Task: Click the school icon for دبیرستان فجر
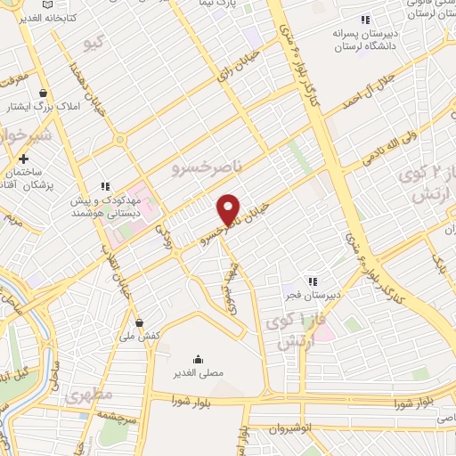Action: [312, 281]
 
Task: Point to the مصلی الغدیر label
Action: [198, 373]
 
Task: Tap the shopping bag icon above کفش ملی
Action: [138, 322]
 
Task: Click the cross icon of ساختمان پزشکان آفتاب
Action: [25, 158]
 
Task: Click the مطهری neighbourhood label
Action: [88, 392]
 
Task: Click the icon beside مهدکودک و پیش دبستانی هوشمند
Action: [104, 187]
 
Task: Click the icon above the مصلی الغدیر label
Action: [197, 358]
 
